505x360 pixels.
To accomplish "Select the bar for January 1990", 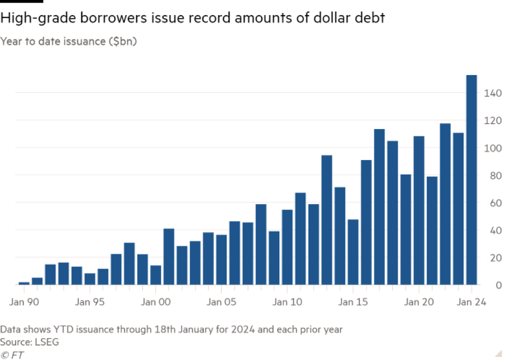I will coord(24,283).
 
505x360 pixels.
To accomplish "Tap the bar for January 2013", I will coord(327,220).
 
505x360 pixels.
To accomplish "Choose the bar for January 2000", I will coord(156,275).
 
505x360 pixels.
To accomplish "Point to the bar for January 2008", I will coord(261,244).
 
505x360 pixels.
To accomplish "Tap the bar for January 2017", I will coord(380,207).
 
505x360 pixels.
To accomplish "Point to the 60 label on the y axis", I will coord(495,203).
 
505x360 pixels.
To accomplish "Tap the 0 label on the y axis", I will coord(498,285).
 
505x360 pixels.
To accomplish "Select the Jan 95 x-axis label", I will coord(90,303).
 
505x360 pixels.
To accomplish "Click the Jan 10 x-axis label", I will coord(287,303).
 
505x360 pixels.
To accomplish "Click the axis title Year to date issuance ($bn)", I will coord(68,42).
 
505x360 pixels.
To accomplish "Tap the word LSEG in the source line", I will coord(46,342).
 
